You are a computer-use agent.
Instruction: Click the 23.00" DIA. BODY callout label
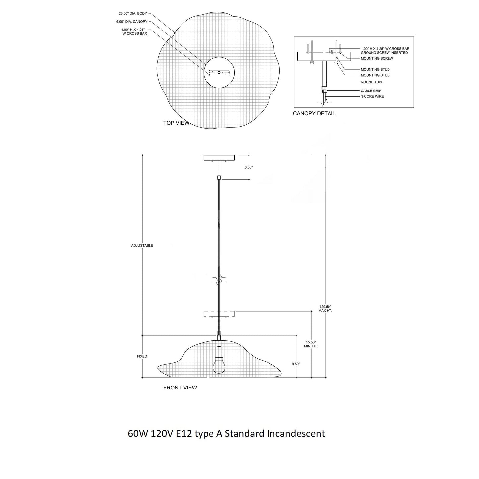point(133,13)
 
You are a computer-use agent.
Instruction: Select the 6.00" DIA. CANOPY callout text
point(132,22)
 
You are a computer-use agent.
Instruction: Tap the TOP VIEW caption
point(176,123)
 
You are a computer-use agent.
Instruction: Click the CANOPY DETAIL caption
point(314,114)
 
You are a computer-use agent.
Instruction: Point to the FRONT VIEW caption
point(180,388)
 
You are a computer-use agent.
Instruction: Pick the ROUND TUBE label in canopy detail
point(372,82)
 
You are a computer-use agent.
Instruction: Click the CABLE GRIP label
point(371,91)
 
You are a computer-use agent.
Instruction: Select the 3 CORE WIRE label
point(372,96)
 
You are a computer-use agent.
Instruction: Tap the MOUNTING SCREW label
point(377,58)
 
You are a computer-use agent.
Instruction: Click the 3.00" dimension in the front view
point(248,167)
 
